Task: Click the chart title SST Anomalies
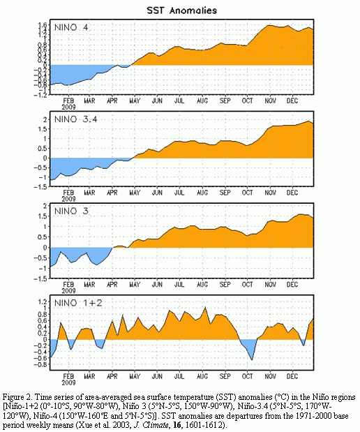[182, 10]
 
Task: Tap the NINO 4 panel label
[71, 27]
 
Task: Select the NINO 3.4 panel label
[76, 119]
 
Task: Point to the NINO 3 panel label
[71, 211]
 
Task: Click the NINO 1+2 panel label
[78, 303]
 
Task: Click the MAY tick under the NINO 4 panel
[135, 100]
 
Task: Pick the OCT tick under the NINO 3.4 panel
[248, 193]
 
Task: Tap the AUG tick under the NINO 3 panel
[202, 284]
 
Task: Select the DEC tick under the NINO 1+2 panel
[292, 376]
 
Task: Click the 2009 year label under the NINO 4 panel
[68, 107]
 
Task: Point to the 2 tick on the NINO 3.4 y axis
[45, 119]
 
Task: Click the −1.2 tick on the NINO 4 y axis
[40, 94]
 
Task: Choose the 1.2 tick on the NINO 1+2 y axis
[43, 301]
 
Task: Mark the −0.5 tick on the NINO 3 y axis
[40, 258]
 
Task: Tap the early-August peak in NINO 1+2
[204, 307]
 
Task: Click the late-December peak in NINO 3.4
[309, 121]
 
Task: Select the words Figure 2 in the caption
[16, 397]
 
